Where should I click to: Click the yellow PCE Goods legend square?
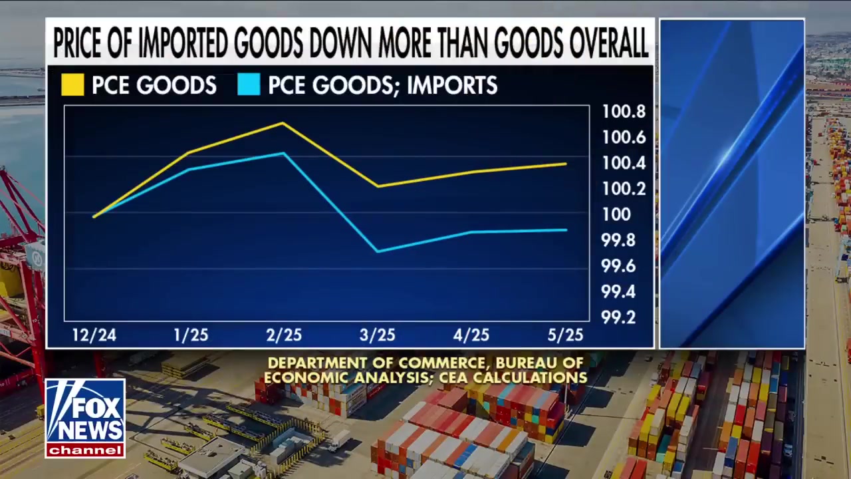click(x=72, y=85)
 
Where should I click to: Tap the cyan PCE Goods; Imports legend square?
click(x=249, y=85)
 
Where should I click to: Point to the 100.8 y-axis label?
click(x=623, y=112)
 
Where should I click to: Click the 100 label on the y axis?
click(x=616, y=214)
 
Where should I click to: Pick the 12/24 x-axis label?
click(x=94, y=335)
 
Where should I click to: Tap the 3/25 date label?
click(x=377, y=335)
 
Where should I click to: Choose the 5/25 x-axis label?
click(x=565, y=335)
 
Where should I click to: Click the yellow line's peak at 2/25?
click(x=283, y=123)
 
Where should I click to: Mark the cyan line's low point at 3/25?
click(x=378, y=251)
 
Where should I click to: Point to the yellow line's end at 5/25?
click(x=566, y=164)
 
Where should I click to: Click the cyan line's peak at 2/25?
click(x=284, y=154)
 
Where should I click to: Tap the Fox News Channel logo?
click(x=85, y=418)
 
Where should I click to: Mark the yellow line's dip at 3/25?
click(x=378, y=186)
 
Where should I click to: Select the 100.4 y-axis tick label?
click(x=623, y=163)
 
